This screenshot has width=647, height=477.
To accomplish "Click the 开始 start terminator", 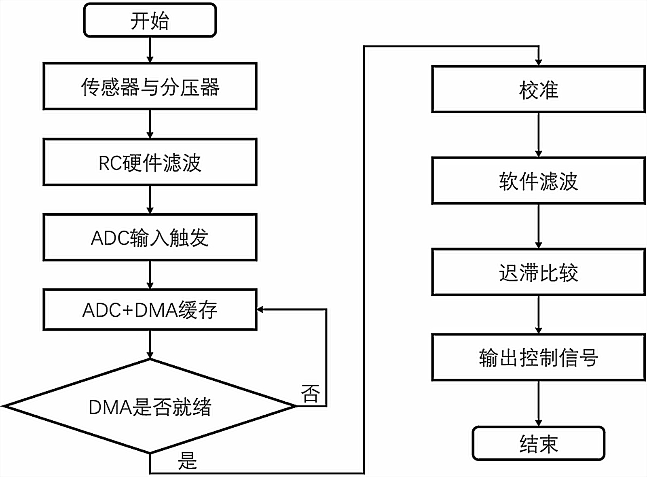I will pyautogui.click(x=150, y=21).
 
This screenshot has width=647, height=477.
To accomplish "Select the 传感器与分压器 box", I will pyautogui.click(x=150, y=86).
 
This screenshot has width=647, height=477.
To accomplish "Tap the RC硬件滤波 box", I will pyautogui.click(x=150, y=162).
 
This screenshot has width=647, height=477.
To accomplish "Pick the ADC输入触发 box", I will pyautogui.click(x=150, y=237).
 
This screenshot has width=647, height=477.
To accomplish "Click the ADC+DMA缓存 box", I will pyautogui.click(x=150, y=310).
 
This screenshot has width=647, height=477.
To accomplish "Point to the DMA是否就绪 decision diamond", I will pyautogui.click(x=150, y=406).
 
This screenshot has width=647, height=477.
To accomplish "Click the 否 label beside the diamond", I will pyautogui.click(x=311, y=393).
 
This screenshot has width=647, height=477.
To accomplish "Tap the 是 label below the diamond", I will pyautogui.click(x=187, y=460).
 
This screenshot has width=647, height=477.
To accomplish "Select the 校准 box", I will pyautogui.click(x=538, y=89).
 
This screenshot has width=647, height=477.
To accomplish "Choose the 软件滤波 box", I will pyautogui.click(x=538, y=181).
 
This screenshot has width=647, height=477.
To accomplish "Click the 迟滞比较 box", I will pyautogui.click(x=538, y=272).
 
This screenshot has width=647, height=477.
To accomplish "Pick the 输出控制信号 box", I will pyautogui.click(x=538, y=357).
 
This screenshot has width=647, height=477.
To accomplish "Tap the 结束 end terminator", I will pyautogui.click(x=538, y=443).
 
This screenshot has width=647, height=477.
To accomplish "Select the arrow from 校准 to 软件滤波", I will pyautogui.click(x=538, y=135).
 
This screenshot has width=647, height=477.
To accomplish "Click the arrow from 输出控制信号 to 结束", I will pyautogui.click(x=538, y=403).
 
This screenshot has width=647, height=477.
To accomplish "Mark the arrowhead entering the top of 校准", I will pyautogui.click(x=538, y=62).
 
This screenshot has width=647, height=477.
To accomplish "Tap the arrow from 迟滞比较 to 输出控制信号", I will pyautogui.click(x=538, y=314).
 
